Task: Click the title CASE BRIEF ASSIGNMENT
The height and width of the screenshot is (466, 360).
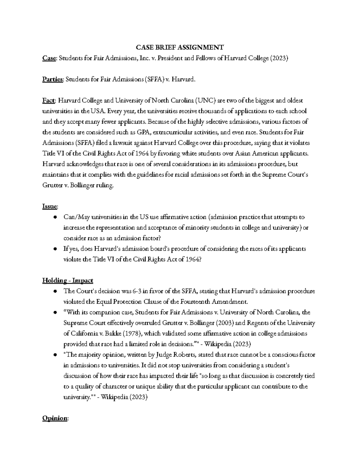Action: [180, 47]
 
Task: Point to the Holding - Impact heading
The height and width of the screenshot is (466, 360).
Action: [67, 280]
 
